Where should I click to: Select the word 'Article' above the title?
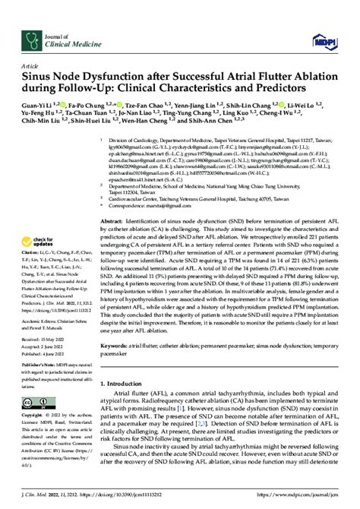click(32, 67)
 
